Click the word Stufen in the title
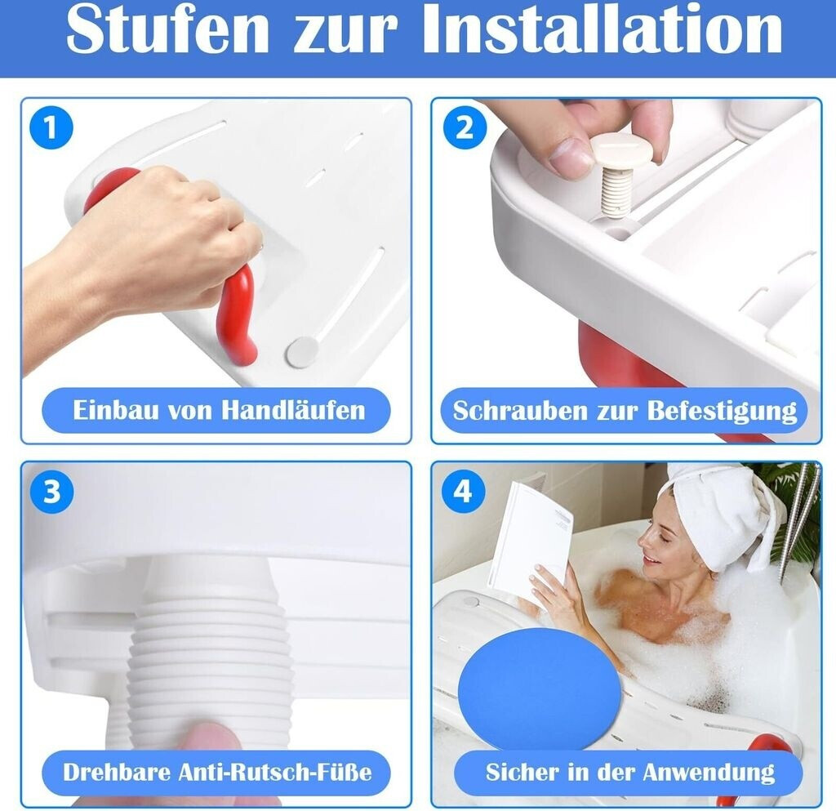167,29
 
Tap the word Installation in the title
602,29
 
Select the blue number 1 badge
51,128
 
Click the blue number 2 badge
464,128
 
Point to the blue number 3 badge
51,492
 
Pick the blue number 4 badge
463,492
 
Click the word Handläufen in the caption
293,410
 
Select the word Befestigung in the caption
722,412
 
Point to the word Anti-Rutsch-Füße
274,772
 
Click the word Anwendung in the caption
709,773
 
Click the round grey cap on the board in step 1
302,352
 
